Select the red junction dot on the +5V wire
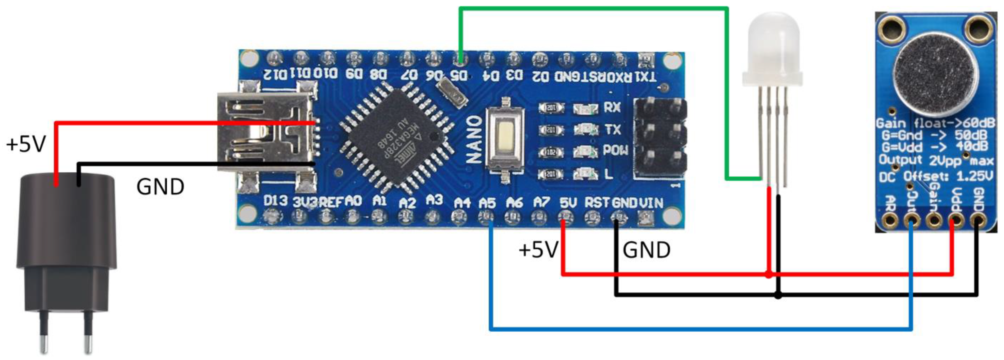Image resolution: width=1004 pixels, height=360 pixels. coord(769,275)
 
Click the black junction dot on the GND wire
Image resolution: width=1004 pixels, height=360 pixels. coord(778,295)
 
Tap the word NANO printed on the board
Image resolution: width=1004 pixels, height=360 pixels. coord(474,139)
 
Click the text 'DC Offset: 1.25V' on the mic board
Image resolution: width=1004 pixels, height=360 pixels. coord(935,177)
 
